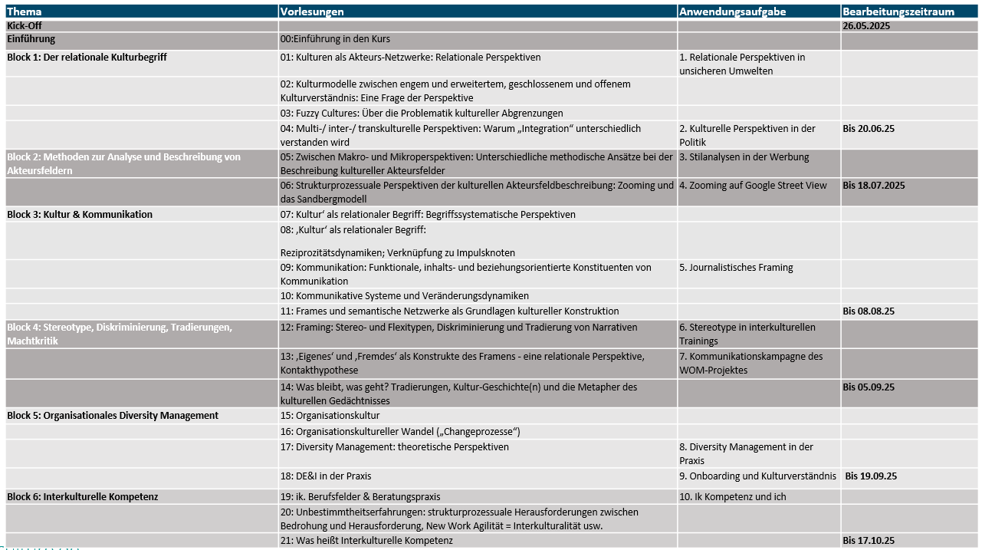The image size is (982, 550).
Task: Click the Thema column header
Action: [24, 12]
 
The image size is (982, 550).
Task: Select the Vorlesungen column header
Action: [312, 12]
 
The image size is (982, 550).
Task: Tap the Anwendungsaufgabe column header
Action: [732, 12]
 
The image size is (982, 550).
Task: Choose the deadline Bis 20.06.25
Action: [869, 128]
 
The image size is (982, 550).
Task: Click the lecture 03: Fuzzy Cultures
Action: [422, 113]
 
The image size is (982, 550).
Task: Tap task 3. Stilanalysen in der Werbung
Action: [744, 157]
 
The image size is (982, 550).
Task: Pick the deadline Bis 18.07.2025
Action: [874, 185]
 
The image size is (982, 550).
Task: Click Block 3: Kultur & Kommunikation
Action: [80, 214]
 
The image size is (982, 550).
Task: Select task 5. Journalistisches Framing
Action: [736, 268]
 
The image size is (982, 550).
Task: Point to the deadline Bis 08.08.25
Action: [869, 311]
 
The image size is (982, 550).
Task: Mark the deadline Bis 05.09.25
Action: [869, 387]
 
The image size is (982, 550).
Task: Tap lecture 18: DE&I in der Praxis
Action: [326, 476]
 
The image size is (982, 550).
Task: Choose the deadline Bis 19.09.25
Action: [871, 476]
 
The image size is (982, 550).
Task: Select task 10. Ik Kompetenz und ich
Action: [732, 497]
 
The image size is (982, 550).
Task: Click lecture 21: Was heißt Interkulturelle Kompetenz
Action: [366, 541]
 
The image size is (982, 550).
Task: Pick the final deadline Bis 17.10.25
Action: [869, 541]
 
